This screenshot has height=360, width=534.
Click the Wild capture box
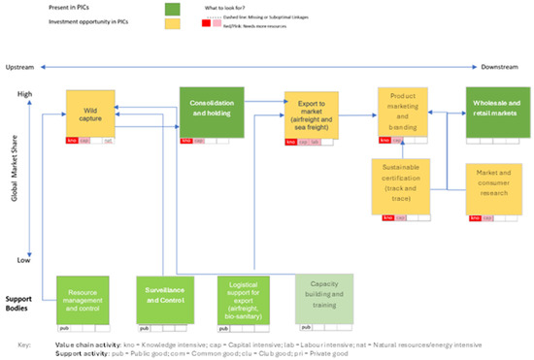pyautogui.click(x=90, y=113)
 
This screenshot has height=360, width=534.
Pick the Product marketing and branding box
pyautogui.click(x=404, y=112)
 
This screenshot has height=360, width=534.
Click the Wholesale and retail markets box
pyautogui.click(x=496, y=112)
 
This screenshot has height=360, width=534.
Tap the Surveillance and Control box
pyautogui.click(x=165, y=299)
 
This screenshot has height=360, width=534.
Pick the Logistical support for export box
pyautogui.click(x=247, y=299)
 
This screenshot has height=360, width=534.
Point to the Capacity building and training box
pyautogui.click(x=324, y=297)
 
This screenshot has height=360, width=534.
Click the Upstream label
pyautogui.click(x=19, y=67)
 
